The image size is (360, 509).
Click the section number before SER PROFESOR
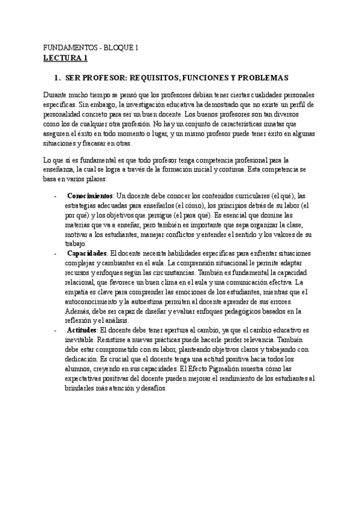click(x=57, y=78)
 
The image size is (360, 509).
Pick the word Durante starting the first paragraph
click(x=57, y=95)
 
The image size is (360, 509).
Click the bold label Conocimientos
click(x=90, y=196)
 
